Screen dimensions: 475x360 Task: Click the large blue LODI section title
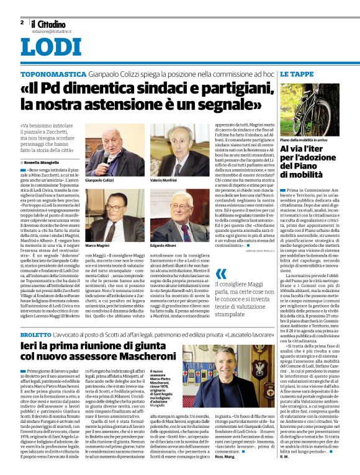51,48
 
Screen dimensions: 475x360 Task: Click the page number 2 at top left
23,22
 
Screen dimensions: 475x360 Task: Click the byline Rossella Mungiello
43,161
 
